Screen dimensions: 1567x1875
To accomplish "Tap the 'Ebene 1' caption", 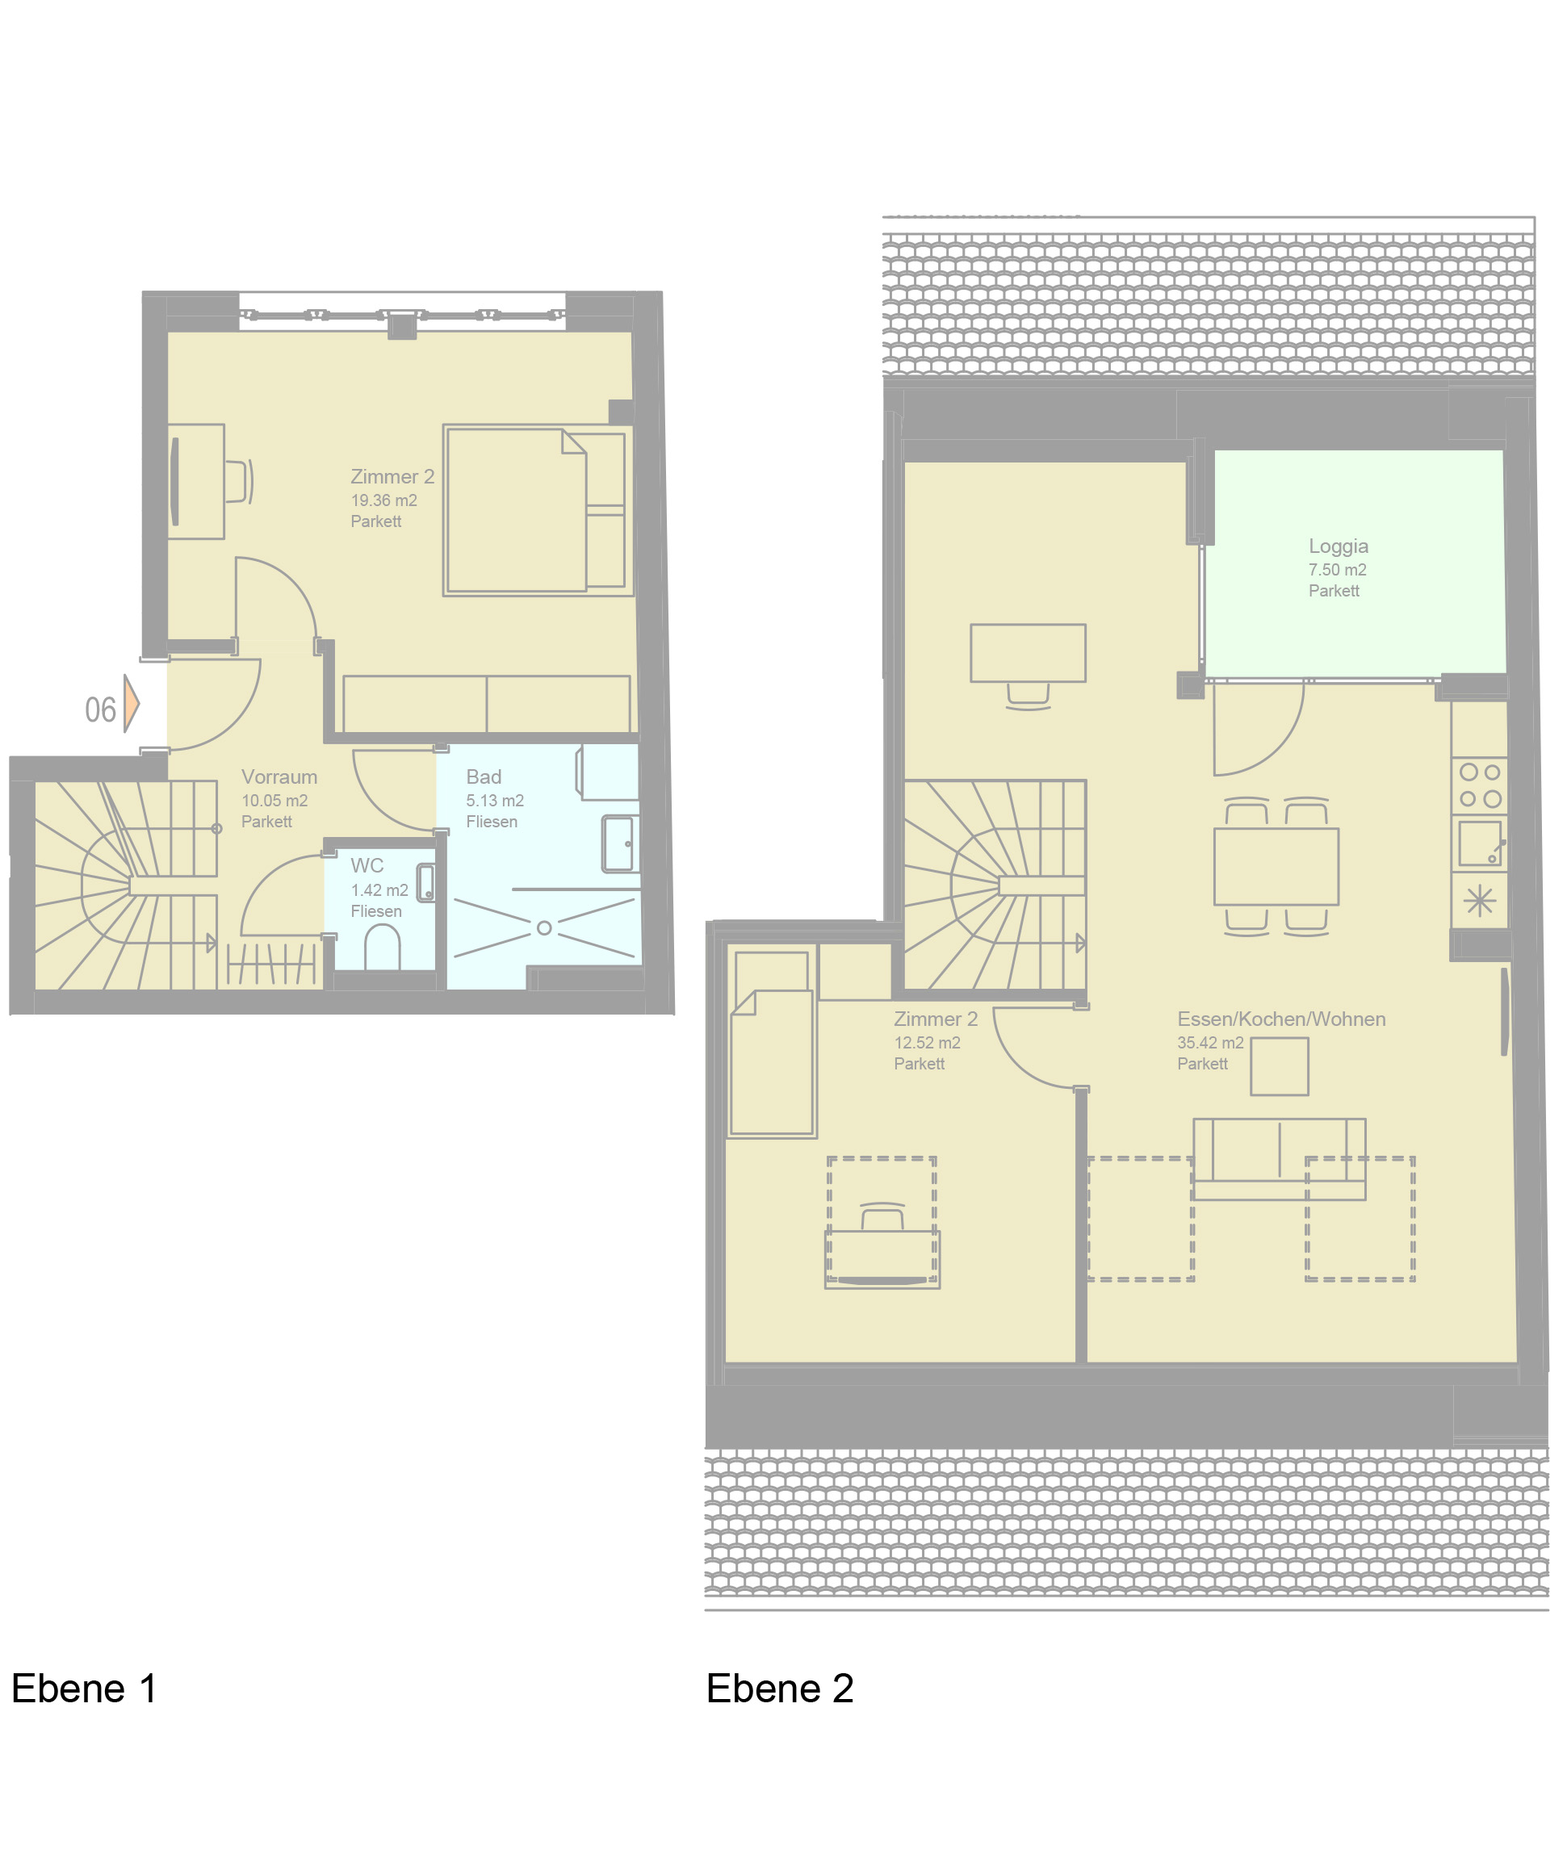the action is (x=85, y=1689).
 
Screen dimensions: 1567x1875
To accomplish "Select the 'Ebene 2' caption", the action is (x=780, y=1689).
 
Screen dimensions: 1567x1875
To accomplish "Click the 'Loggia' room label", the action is (x=1338, y=546).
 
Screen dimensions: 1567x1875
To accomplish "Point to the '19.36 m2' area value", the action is (x=384, y=500).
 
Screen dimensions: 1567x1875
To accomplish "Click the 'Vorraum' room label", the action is (x=279, y=776).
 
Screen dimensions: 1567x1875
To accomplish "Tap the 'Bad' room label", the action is (x=484, y=776).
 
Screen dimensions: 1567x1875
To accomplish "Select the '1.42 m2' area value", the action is (x=379, y=890).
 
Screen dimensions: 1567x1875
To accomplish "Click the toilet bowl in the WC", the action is (x=383, y=948).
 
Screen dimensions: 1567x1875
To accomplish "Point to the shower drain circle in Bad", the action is (x=544, y=928).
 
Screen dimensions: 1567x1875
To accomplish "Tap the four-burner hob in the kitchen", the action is (x=1480, y=785).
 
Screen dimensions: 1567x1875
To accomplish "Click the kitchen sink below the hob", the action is (x=1481, y=843).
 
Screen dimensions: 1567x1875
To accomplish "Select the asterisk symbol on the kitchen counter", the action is (x=1480, y=900).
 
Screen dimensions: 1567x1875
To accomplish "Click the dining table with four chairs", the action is (x=1276, y=866).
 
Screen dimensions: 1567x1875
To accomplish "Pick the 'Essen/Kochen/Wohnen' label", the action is (x=1281, y=1019).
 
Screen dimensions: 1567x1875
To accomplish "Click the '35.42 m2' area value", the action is (x=1210, y=1043).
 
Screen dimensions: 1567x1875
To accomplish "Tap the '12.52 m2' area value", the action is (x=927, y=1043).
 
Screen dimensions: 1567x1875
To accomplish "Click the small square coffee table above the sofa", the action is (x=1280, y=1066).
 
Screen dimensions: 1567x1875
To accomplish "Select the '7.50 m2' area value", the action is (x=1337, y=570).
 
